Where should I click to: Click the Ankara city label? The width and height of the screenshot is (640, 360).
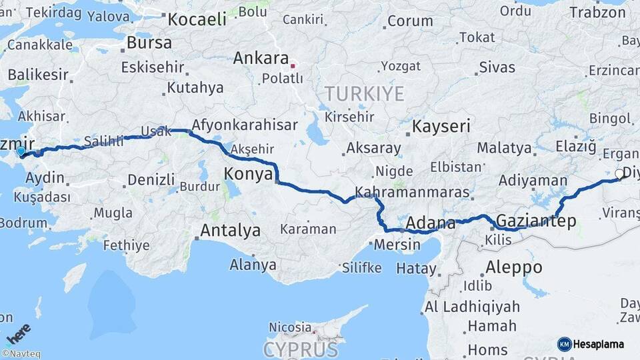pyautogui.click(x=261, y=59)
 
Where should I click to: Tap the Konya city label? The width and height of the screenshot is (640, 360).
pyautogui.click(x=248, y=173)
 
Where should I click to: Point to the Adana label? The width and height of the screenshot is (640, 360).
pyautogui.click(x=430, y=223)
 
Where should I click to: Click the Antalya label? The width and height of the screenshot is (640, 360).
pyautogui.click(x=230, y=231)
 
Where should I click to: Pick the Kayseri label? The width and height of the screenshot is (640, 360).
pyautogui.click(x=441, y=126)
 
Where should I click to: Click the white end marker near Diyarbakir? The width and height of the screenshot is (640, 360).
pyautogui.click(x=619, y=174)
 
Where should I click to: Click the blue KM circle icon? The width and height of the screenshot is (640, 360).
pyautogui.click(x=564, y=344)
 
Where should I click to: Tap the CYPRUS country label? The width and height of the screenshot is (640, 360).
pyautogui.click(x=300, y=349)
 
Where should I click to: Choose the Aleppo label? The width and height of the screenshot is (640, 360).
pyautogui.click(x=513, y=267)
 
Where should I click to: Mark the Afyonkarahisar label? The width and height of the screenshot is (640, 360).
pyautogui.click(x=244, y=125)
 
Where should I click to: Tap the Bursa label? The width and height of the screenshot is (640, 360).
pyautogui.click(x=149, y=43)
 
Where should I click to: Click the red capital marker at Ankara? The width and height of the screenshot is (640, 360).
pyautogui.click(x=292, y=66)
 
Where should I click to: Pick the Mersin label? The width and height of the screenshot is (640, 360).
pyautogui.click(x=397, y=245)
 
